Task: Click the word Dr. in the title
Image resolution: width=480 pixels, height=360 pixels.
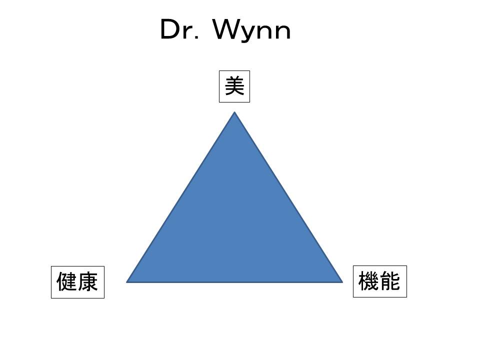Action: [x=179, y=29]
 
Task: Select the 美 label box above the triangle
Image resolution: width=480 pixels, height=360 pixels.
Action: [x=234, y=86]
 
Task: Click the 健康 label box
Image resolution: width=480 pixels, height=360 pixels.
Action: [x=78, y=282]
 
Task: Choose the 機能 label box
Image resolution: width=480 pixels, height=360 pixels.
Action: [x=380, y=281]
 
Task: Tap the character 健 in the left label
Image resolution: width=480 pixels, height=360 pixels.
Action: [x=66, y=281]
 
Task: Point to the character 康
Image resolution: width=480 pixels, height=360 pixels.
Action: [x=88, y=281]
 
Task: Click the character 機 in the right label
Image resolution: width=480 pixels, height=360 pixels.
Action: [x=368, y=281]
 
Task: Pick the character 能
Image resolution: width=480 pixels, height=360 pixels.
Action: [x=390, y=281]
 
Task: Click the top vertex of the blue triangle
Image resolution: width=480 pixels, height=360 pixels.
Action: [x=234, y=112]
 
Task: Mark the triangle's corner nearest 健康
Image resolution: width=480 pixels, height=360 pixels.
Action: [x=126, y=282]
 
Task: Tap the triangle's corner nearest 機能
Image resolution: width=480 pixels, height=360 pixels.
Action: [x=342, y=282]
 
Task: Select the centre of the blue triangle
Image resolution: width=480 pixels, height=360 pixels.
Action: [x=234, y=225]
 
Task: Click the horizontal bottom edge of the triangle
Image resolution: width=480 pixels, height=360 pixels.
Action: [x=234, y=282]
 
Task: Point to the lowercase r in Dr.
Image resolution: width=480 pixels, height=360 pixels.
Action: [x=187, y=32]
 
